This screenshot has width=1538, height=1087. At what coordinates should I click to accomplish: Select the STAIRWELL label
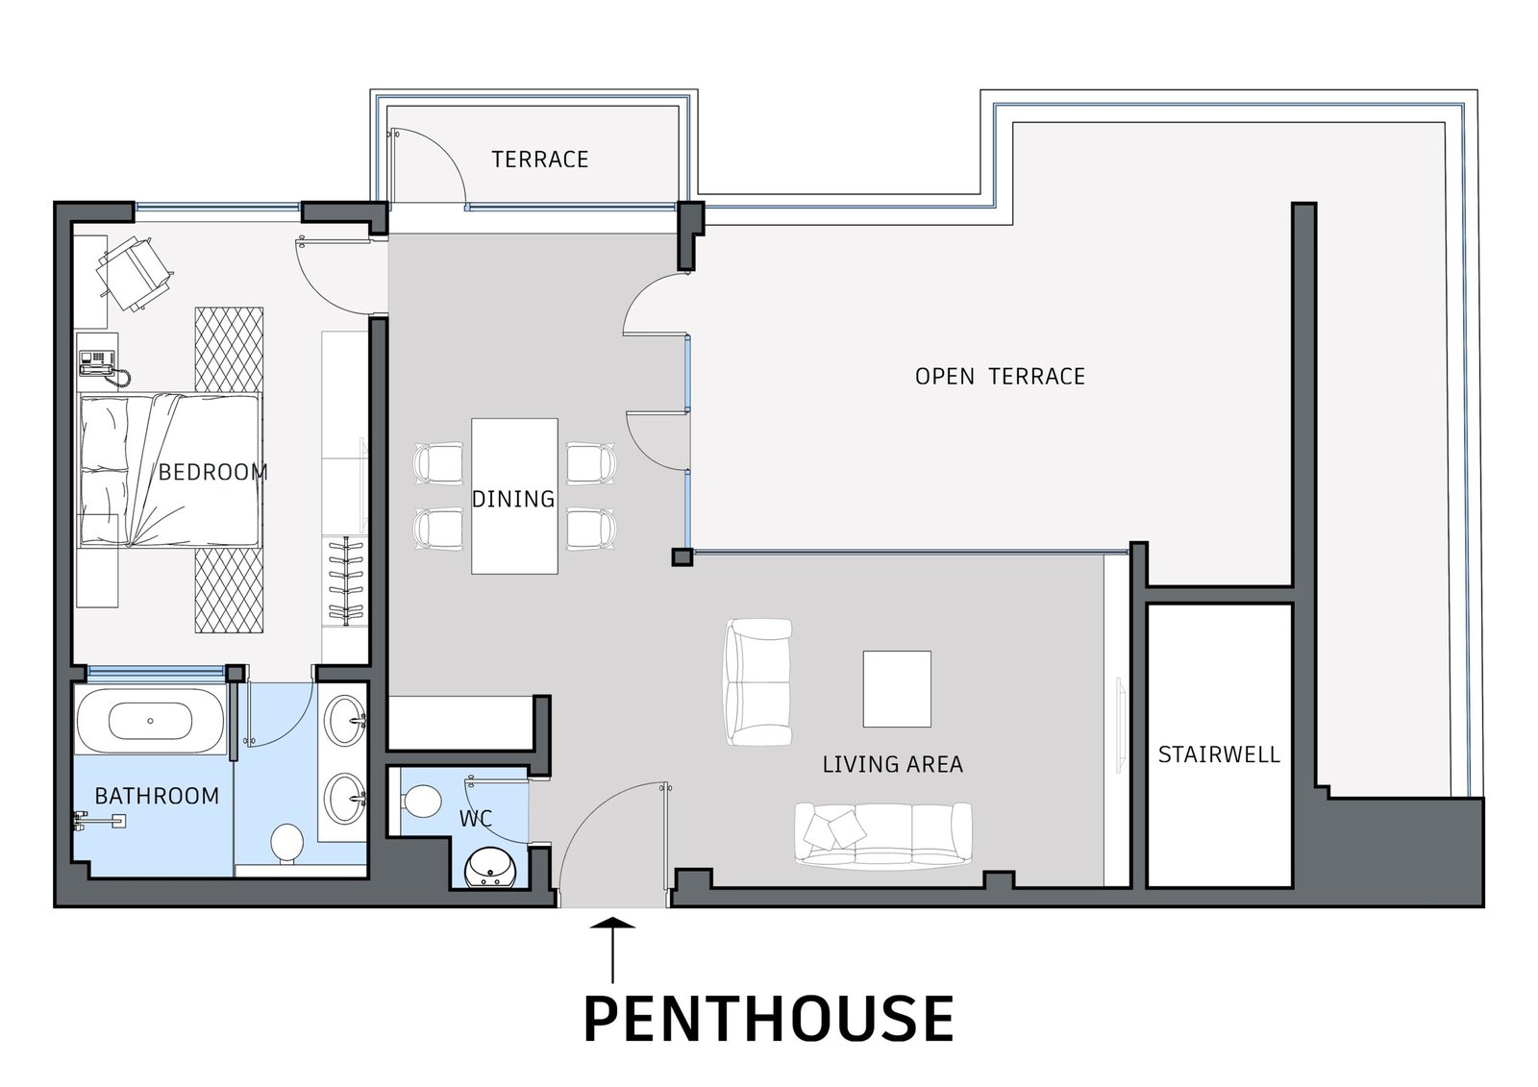pyautogui.click(x=1219, y=754)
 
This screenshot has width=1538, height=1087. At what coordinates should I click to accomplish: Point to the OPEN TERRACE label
pyautogui.click(x=1000, y=377)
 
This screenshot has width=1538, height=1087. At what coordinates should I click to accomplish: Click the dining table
pyautogui.click(x=514, y=496)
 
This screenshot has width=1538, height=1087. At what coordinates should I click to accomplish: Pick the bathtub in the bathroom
pyautogui.click(x=150, y=721)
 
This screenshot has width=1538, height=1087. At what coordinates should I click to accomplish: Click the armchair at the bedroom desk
pyautogui.click(x=134, y=272)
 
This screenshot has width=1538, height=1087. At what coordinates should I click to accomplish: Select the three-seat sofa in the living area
pyautogui.click(x=883, y=833)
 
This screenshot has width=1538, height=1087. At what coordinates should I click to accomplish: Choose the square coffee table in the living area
pyautogui.click(x=897, y=689)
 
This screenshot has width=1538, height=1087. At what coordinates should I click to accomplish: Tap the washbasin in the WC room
pyautogui.click(x=489, y=869)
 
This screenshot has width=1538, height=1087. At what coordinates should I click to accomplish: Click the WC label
pyautogui.click(x=476, y=819)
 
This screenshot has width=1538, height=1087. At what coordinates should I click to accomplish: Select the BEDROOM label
pyautogui.click(x=212, y=473)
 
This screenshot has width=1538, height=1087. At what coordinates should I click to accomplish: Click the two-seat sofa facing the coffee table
pyautogui.click(x=758, y=681)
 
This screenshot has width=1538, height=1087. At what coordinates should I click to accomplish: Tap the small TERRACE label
pyautogui.click(x=539, y=160)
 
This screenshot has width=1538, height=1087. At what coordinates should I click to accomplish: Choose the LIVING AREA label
pyautogui.click(x=893, y=764)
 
